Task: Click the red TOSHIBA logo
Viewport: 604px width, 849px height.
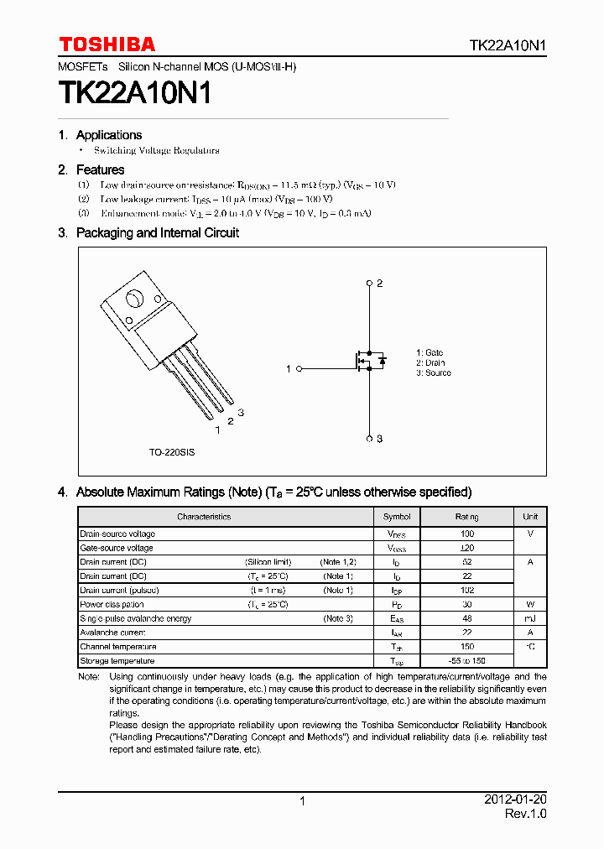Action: click(107, 44)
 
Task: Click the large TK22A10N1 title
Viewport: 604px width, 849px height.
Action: click(134, 94)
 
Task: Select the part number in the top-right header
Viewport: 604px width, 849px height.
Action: click(508, 45)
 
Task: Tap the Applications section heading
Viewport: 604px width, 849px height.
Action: click(108, 135)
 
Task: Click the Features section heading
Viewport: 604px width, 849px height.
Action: click(100, 169)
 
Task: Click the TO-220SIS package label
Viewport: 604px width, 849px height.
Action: click(172, 452)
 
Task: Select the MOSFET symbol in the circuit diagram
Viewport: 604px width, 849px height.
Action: click(368, 362)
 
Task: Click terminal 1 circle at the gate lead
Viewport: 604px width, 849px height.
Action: click(299, 368)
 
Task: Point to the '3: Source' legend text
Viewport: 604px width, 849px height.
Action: click(433, 373)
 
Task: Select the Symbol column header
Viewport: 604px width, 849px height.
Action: click(397, 517)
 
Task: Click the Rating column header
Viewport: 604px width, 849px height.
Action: click(467, 517)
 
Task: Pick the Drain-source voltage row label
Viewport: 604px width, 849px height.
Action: click(117, 534)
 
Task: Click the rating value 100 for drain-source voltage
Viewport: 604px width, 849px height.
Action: click(467, 534)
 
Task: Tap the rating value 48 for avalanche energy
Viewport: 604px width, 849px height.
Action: click(467, 618)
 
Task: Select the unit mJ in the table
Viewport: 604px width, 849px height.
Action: click(530, 618)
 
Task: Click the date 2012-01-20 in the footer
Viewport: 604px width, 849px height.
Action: click(515, 800)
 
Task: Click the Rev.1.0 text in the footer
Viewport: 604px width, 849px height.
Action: click(525, 815)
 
